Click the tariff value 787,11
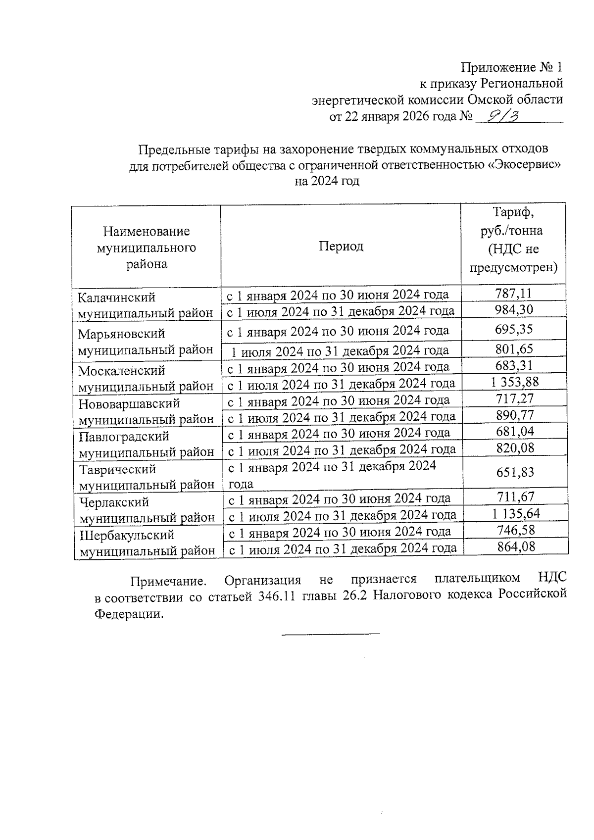(513, 294)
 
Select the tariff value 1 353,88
(515, 382)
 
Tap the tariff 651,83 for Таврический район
(515, 472)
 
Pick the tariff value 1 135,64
(516, 513)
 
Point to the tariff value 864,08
(516, 546)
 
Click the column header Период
(341, 246)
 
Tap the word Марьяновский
(121, 334)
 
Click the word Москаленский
(122, 370)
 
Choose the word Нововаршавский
(129, 404)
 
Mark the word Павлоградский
(124, 437)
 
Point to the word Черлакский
(114, 502)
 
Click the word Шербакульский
(127, 535)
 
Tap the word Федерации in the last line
(128, 614)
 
